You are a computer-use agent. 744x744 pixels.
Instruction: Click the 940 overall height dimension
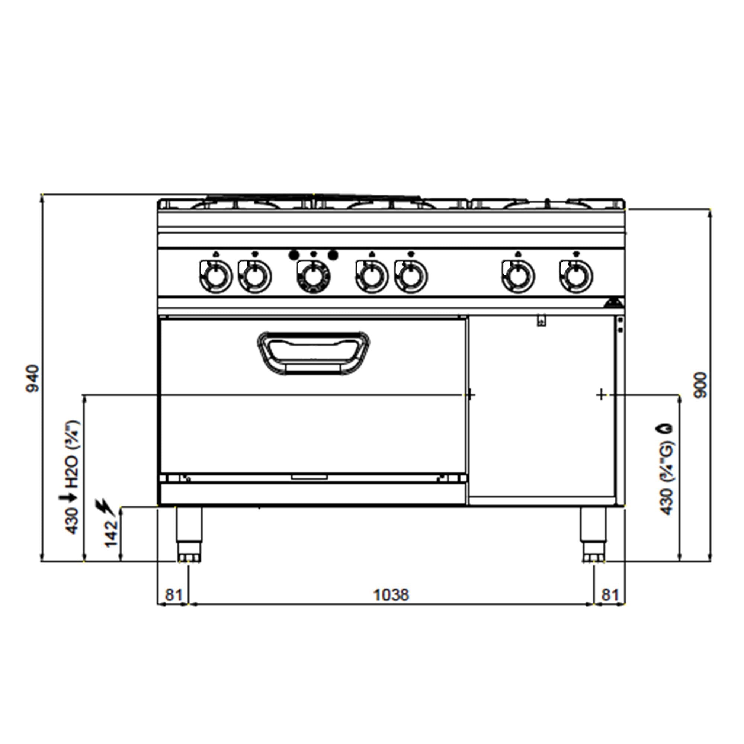(x=33, y=379)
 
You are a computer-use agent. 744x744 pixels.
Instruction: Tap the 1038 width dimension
(x=391, y=595)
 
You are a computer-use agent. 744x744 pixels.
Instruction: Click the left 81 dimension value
(x=173, y=595)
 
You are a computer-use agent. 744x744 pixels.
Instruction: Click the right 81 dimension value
(x=610, y=595)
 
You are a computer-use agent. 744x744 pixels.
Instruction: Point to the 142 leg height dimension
(x=111, y=533)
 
